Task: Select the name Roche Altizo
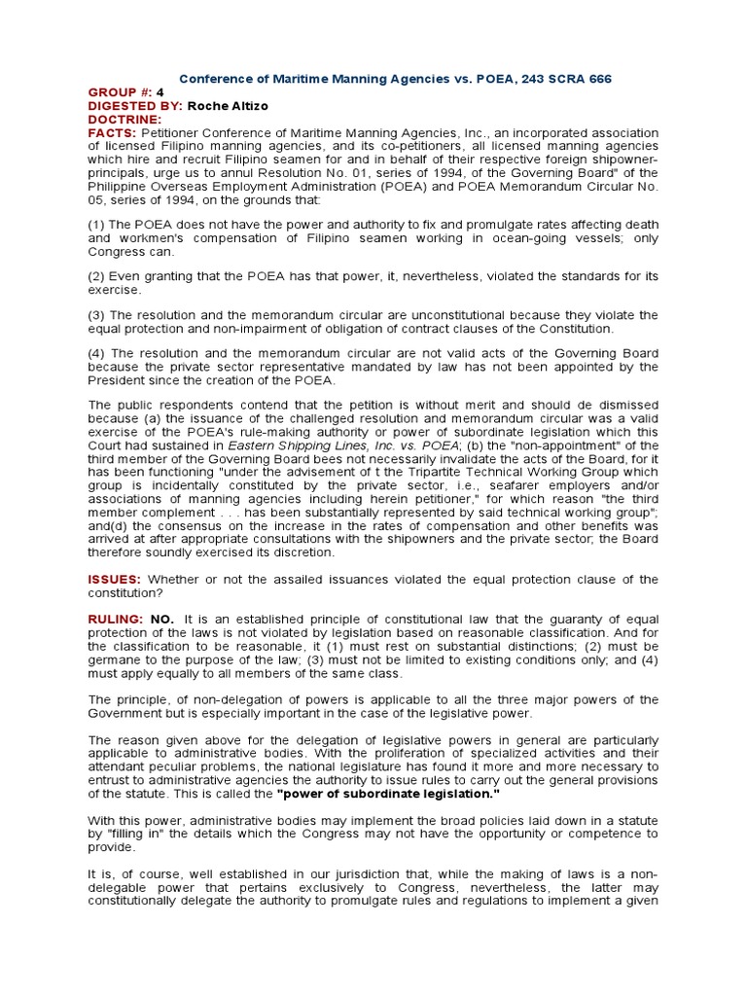tap(229, 106)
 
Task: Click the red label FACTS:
tap(112, 132)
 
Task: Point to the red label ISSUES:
tap(115, 580)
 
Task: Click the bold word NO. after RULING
tap(161, 620)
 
